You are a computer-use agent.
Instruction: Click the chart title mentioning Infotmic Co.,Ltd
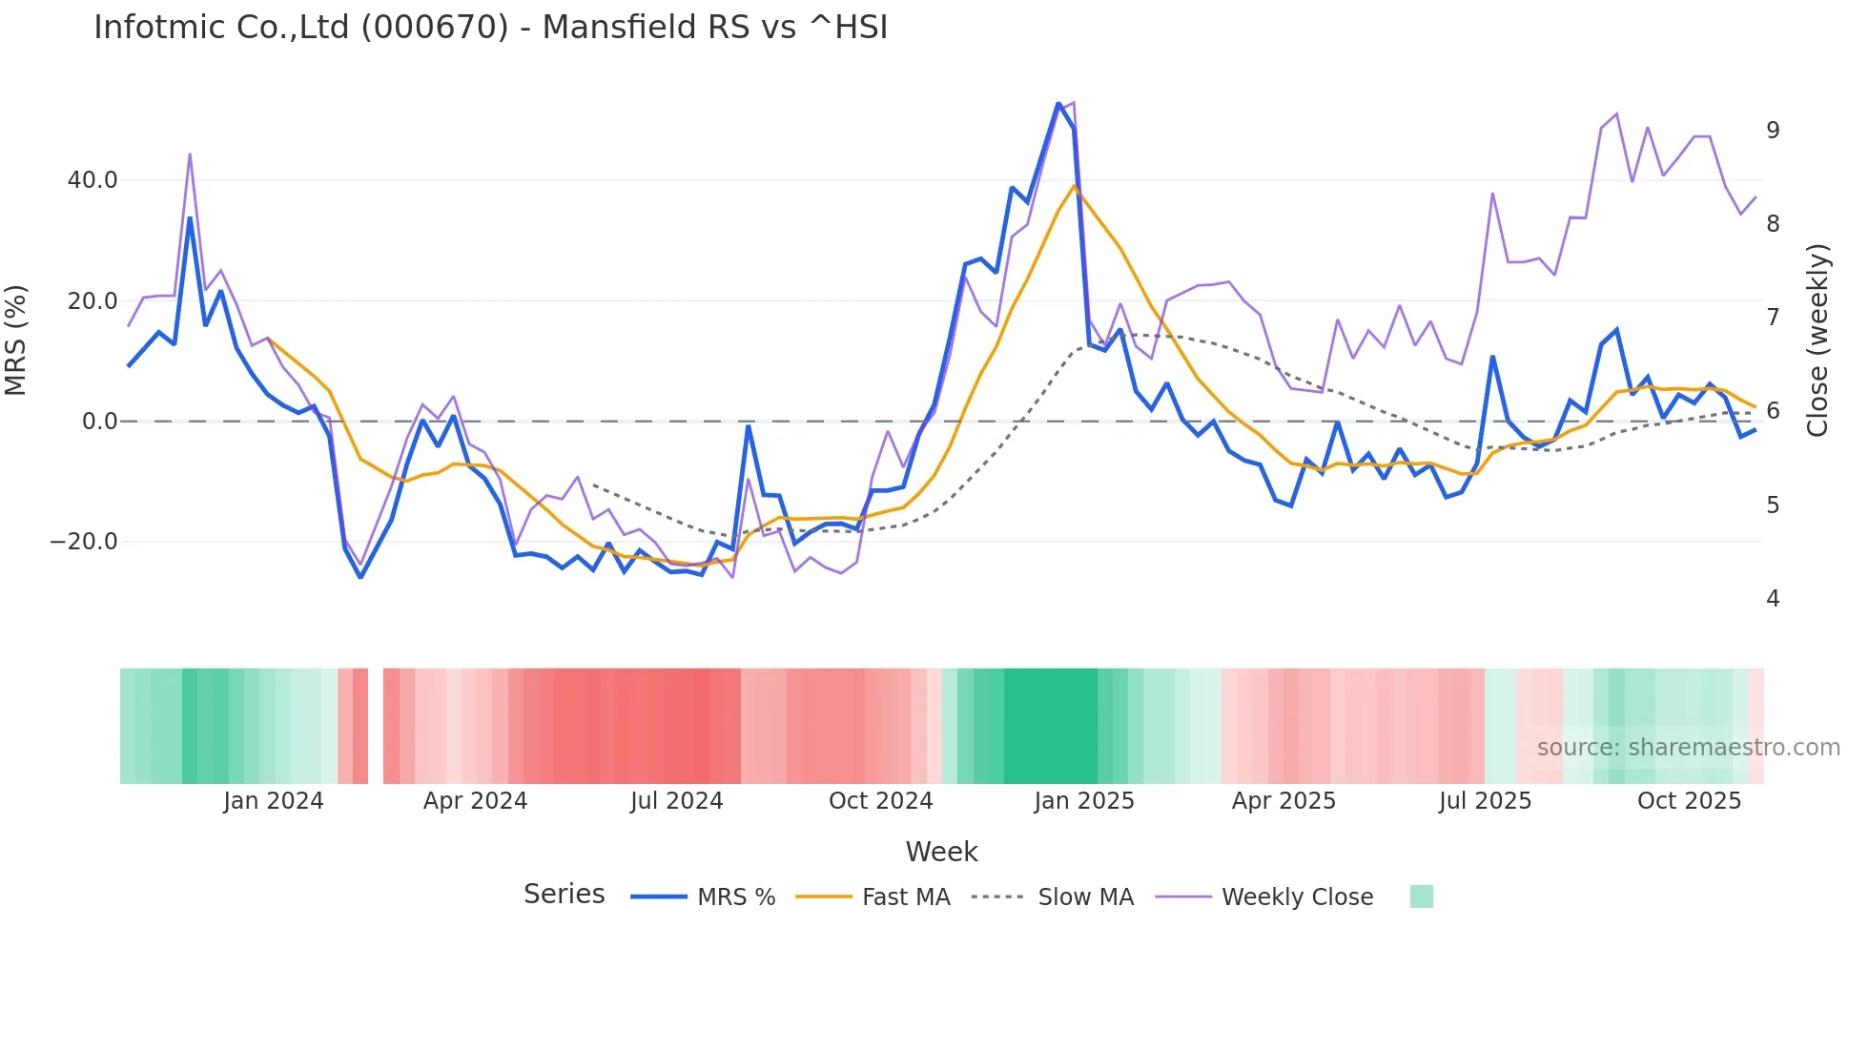pyautogui.click(x=490, y=28)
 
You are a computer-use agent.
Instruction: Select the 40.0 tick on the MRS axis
pyautogui.click(x=92, y=180)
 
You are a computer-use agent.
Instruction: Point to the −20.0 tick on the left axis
pyautogui.click(x=84, y=542)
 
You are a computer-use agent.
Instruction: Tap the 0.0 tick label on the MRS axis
pyautogui.click(x=99, y=422)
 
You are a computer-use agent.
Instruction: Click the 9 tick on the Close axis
pyautogui.click(x=1773, y=131)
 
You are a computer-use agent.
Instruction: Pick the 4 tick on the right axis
pyautogui.click(x=1773, y=599)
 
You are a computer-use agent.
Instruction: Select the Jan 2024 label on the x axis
pyautogui.click(x=274, y=801)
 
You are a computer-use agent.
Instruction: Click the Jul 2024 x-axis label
pyautogui.click(x=677, y=801)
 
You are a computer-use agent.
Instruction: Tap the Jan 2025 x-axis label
pyautogui.click(x=1084, y=801)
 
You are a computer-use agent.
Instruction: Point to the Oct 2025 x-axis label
pyautogui.click(x=1689, y=801)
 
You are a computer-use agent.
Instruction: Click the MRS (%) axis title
pyautogui.click(x=16, y=340)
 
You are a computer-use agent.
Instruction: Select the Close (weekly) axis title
pyautogui.click(x=1818, y=340)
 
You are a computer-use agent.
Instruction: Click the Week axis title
pyautogui.click(x=941, y=852)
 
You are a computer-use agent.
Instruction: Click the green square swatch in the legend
pyautogui.click(x=1421, y=896)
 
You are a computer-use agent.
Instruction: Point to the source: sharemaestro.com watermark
pyautogui.click(x=1688, y=748)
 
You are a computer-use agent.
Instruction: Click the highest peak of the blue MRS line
pyautogui.click(x=1058, y=104)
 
